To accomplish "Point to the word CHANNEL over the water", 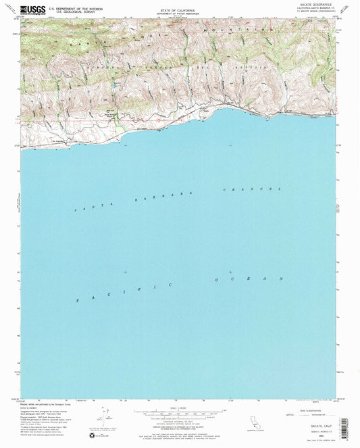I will (x=251, y=189).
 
